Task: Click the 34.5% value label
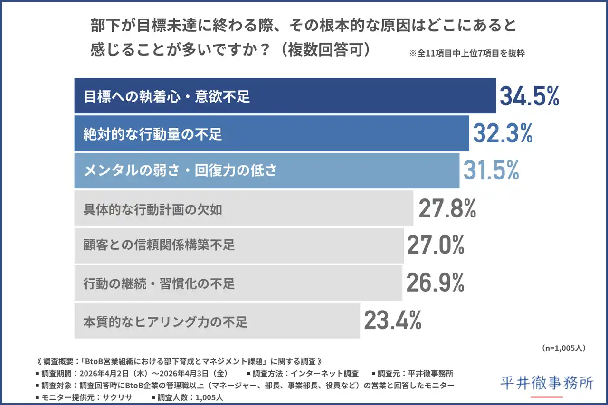(529, 96)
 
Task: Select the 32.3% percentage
(502, 134)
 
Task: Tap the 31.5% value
(491, 171)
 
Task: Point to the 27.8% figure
(447, 209)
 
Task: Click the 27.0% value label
(436, 245)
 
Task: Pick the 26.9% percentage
(435, 283)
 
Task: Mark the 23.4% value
(393, 321)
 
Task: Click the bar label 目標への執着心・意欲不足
(167, 97)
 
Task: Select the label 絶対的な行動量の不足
(153, 134)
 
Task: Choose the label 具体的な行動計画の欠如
(153, 209)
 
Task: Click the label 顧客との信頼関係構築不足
(159, 245)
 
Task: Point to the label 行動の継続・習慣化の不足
(159, 284)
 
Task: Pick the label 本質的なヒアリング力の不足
(165, 322)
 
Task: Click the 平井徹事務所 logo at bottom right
(547, 383)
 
